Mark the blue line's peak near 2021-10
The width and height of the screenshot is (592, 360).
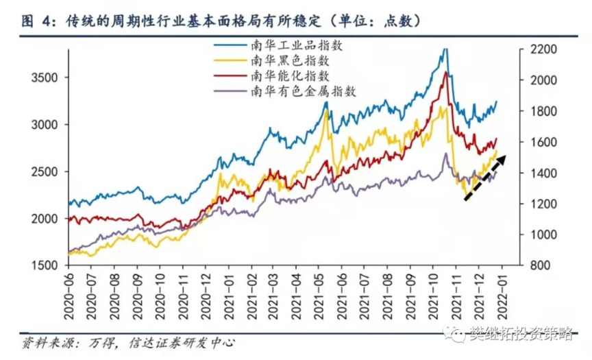tap(445, 49)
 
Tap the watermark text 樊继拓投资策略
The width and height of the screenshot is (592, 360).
tap(521, 334)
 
